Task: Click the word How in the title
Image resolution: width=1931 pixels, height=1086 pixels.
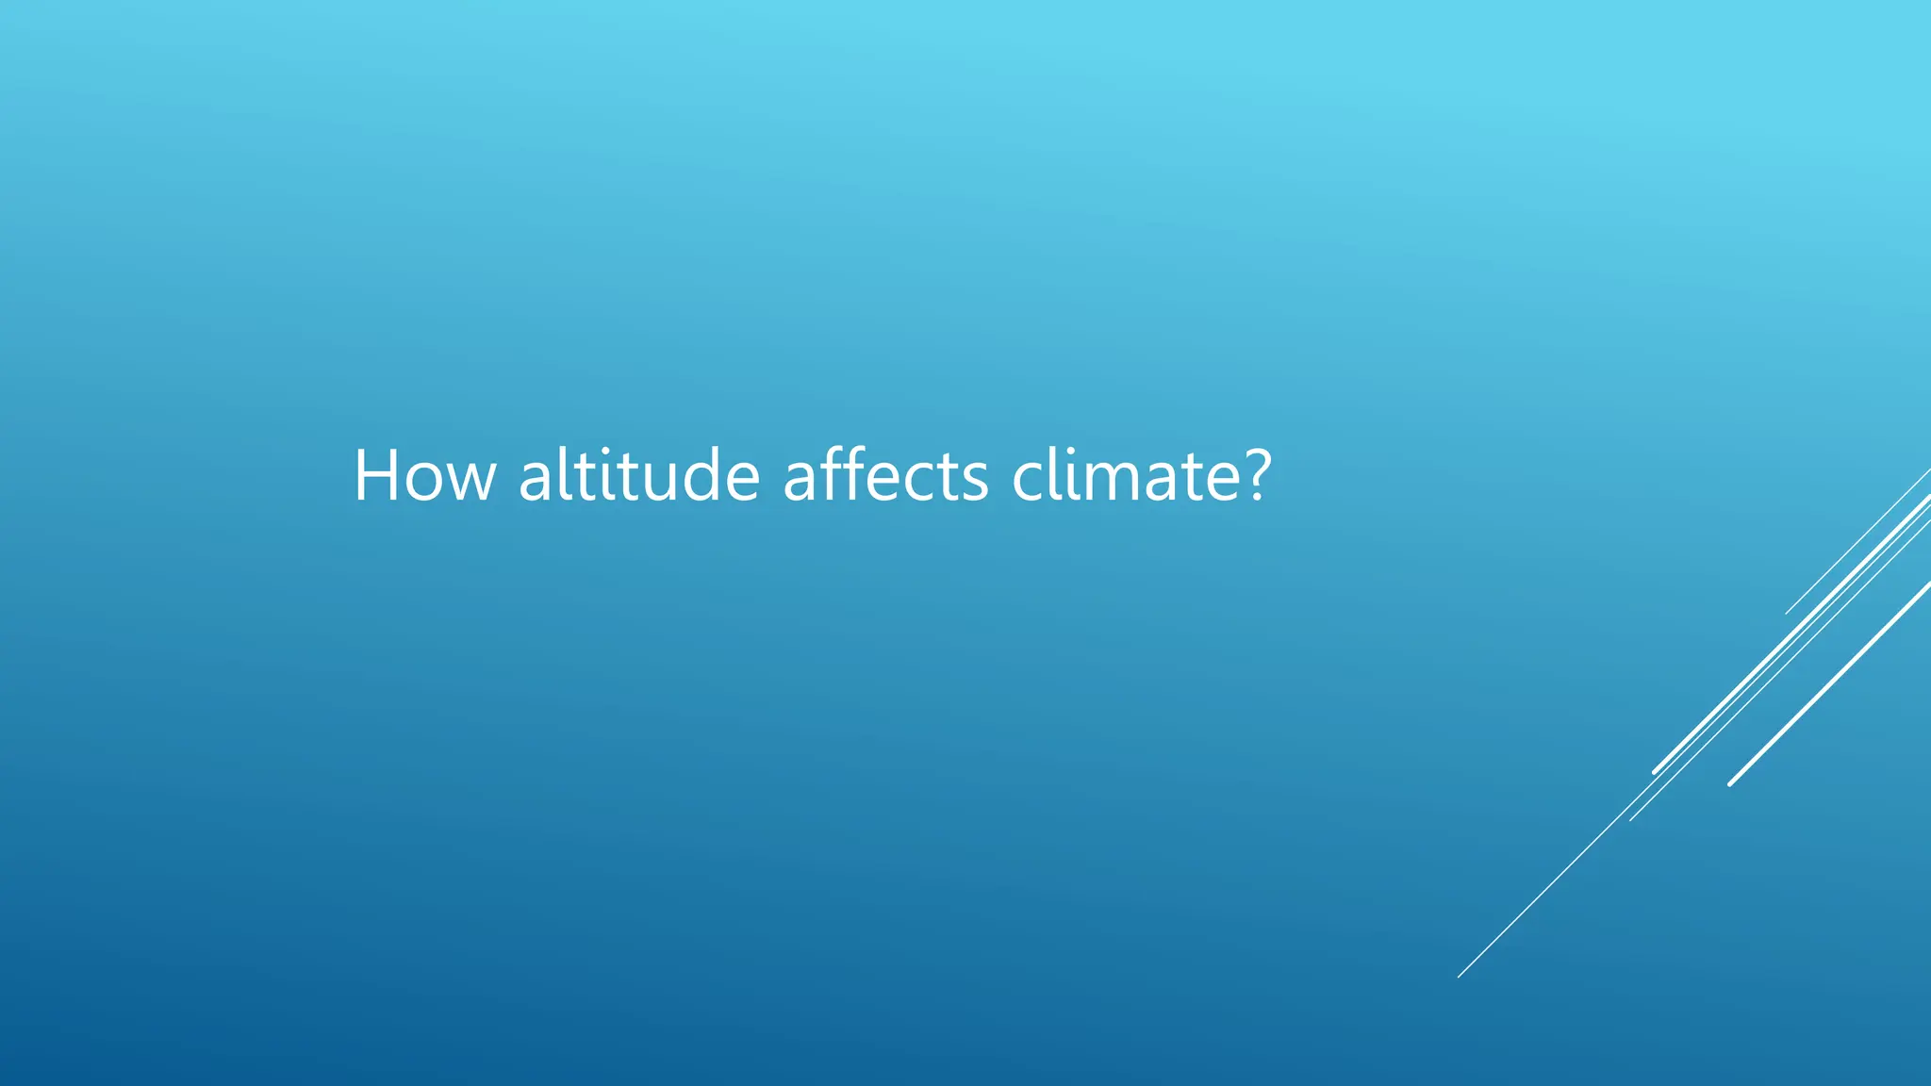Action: [423, 476]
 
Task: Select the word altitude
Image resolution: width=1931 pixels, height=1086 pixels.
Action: [638, 476]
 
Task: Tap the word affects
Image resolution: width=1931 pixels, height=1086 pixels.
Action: [885, 476]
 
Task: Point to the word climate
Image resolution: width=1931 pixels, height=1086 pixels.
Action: [1128, 476]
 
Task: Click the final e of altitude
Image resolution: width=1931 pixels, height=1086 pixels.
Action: [741, 483]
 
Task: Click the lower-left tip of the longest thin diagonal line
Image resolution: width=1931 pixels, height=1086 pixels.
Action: [1460, 976]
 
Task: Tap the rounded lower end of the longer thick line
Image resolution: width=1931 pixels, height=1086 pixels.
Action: [1656, 772]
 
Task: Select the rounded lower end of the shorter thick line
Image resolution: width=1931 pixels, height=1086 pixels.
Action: [1731, 783]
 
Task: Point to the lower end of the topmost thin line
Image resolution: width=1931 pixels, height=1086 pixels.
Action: [1787, 613]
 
